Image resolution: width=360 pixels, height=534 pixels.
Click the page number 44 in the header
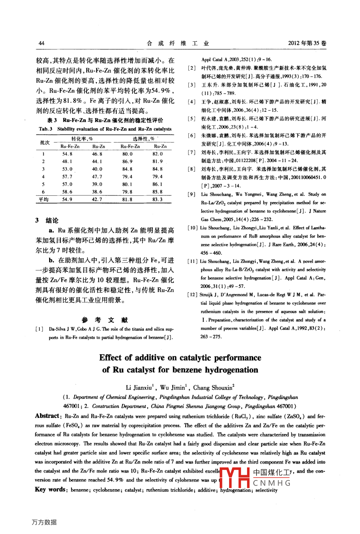pos(41,43)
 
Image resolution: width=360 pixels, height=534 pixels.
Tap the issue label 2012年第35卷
pos(307,43)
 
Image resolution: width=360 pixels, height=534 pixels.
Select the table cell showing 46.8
pos(97,154)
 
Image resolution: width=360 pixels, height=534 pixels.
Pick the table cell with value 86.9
pos(127,162)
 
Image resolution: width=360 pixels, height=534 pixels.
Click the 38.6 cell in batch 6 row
pos(97,192)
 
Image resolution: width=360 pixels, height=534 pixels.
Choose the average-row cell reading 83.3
pos(158,200)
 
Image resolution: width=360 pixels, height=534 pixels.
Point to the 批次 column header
pos(45,142)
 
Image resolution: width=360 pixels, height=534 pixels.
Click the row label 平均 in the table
pos(44,200)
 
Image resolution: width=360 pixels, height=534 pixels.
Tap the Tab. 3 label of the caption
pos(46,129)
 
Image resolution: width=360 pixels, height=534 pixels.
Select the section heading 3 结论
pos(47,221)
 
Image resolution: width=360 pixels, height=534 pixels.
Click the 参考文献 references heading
pos(105,320)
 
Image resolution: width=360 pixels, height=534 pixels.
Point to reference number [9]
pos(192,194)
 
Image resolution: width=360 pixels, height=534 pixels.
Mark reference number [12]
pos(192,295)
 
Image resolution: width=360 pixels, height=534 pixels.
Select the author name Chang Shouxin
pos(214,387)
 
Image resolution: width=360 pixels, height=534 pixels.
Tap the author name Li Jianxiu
pos(139,387)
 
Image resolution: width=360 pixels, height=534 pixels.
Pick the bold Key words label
pos(51,489)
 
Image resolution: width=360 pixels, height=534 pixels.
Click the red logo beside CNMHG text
pos(234,478)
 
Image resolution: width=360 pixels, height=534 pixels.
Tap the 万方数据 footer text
pos(44,522)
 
